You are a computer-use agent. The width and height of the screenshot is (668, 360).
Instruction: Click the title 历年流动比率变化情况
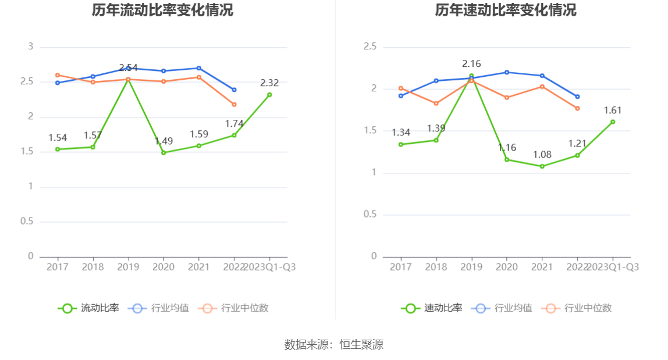click(x=162, y=10)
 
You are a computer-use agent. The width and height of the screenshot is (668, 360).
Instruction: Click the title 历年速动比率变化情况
click(x=506, y=10)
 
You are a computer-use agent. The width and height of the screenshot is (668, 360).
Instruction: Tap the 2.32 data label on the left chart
click(x=269, y=83)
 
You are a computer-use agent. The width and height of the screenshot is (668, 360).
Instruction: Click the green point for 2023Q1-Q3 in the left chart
click(x=269, y=94)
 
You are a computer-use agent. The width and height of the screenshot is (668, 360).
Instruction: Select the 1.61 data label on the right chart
click(x=613, y=110)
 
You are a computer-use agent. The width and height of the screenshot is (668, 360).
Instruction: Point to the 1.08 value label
click(x=542, y=155)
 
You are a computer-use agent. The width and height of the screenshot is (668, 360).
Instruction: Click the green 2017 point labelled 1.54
click(x=58, y=149)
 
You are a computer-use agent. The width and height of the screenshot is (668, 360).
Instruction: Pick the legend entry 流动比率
click(x=88, y=308)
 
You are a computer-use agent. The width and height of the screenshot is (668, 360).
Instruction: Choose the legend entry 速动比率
click(x=432, y=308)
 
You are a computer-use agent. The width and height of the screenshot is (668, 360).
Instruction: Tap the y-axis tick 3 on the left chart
click(x=31, y=47)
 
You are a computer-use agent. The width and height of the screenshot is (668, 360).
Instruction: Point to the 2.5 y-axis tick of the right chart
click(x=370, y=47)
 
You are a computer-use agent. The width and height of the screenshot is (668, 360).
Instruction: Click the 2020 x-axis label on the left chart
click(x=164, y=267)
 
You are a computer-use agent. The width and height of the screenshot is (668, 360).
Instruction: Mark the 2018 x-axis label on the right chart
click(x=436, y=267)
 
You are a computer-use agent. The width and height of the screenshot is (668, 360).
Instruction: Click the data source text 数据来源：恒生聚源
click(x=334, y=344)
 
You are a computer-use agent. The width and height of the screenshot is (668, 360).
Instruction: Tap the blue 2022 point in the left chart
click(x=234, y=90)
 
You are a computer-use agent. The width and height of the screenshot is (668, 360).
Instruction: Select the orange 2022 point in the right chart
click(x=577, y=108)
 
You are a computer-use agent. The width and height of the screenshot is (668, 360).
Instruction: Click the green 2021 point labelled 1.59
click(x=198, y=146)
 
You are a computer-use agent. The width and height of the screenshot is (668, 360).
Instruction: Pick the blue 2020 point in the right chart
click(x=506, y=72)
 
